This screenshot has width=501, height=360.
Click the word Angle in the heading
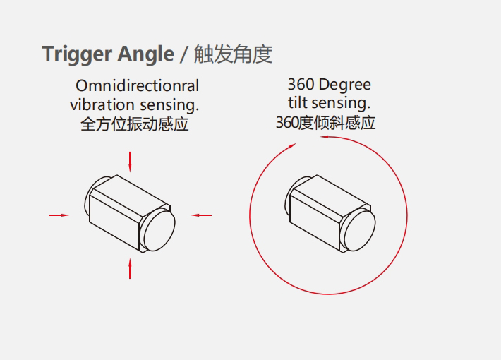(x=145, y=54)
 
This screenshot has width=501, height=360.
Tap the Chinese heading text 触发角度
(x=234, y=54)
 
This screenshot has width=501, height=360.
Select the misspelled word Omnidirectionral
(x=138, y=85)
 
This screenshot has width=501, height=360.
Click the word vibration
(x=102, y=105)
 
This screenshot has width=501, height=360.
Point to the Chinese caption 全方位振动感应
(x=135, y=124)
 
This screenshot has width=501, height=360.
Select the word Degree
(x=345, y=85)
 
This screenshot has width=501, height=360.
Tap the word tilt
(x=298, y=103)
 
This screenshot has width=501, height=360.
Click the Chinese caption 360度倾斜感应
(x=325, y=123)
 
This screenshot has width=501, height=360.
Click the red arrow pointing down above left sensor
(x=130, y=162)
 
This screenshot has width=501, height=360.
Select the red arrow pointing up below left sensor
(x=130, y=268)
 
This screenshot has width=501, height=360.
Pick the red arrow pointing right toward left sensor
(x=59, y=215)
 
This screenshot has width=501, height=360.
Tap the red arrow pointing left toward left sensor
(x=201, y=215)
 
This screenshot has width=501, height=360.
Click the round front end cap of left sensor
(x=159, y=230)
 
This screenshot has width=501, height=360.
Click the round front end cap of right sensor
(x=360, y=230)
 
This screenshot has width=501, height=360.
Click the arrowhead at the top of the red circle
(x=325, y=137)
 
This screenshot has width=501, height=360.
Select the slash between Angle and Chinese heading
(x=183, y=54)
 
